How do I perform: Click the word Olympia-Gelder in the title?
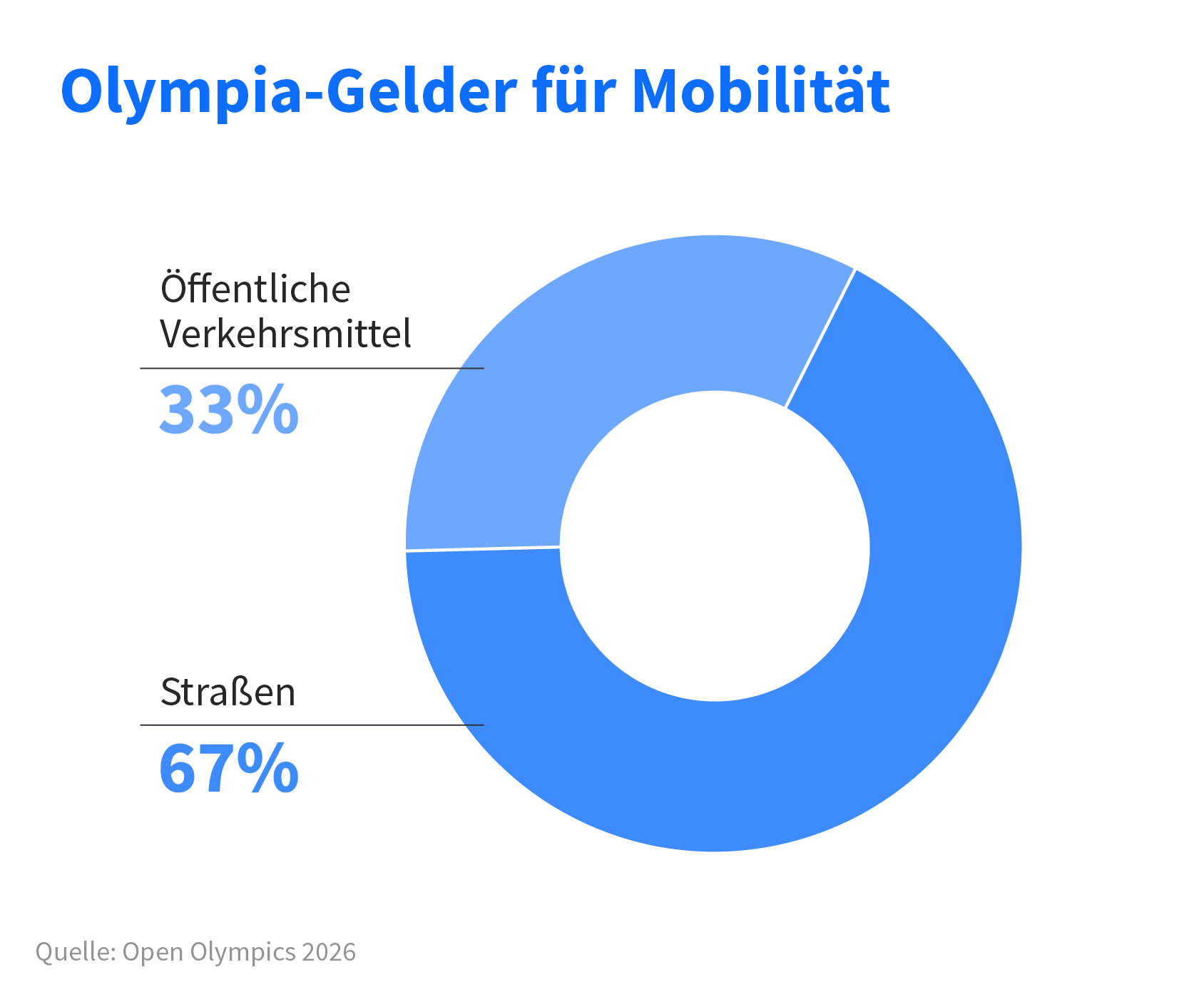coord(288,91)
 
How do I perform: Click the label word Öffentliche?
coord(255,289)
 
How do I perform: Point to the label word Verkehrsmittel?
coord(285,334)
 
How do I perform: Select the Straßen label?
coord(228,692)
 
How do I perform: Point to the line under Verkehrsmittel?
coord(312,369)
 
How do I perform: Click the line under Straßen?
coord(312,725)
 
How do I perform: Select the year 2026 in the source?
coord(329,951)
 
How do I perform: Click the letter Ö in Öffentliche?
coord(173,287)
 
